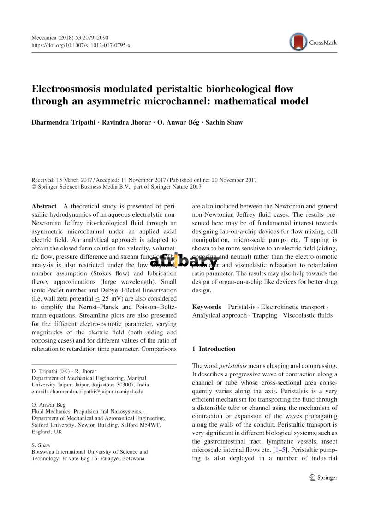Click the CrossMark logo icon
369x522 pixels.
tap(298, 42)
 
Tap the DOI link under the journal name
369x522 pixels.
tap(81, 45)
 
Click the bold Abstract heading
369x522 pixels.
tap(44, 206)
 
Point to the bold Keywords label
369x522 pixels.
tap(206, 307)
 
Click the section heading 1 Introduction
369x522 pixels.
tap(214, 349)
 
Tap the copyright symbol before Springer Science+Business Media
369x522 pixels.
tap(34, 187)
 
